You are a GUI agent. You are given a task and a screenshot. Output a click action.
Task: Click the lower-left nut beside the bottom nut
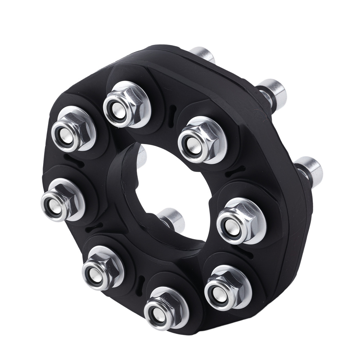click(x=103, y=268)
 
